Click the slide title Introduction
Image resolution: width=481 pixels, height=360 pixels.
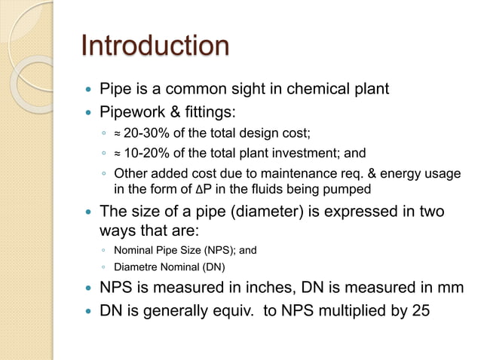pos(155,46)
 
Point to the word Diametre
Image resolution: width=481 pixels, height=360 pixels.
pos(137,266)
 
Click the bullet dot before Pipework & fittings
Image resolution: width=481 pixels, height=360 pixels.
pos(90,113)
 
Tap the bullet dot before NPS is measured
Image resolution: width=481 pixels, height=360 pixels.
pos(90,288)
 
